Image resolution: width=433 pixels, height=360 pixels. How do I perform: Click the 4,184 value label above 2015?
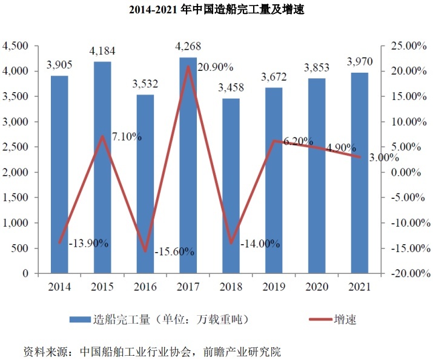point(102,50)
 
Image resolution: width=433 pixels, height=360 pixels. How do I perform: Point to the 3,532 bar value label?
point(145,84)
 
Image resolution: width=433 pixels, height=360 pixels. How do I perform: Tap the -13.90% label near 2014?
point(89,243)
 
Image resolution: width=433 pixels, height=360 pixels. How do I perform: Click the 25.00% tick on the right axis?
point(405,46)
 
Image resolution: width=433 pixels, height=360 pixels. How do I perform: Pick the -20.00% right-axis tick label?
point(403,273)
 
